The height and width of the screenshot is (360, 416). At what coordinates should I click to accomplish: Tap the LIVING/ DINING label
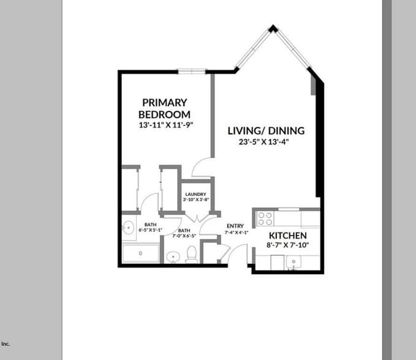coord(266,131)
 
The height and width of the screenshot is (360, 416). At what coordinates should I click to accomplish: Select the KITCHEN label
coord(288,236)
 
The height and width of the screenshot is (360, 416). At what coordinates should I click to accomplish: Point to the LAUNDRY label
coord(196,195)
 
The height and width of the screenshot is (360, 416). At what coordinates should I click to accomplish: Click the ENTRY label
coord(235,226)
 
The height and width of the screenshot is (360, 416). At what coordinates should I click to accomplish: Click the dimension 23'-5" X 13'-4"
coord(263,142)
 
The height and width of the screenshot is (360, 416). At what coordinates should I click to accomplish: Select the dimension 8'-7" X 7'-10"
coord(288,245)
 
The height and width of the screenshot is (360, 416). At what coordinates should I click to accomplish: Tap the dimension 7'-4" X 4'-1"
coord(235,232)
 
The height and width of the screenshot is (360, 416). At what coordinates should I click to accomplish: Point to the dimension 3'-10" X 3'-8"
coord(196,200)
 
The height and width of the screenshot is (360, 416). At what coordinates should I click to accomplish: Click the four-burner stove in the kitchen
coord(265,218)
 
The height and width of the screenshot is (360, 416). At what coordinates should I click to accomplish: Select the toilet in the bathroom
coord(191,253)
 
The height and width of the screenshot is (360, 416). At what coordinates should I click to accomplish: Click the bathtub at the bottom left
coord(140,253)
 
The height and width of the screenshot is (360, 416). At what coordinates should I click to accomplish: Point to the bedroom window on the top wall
coord(192,71)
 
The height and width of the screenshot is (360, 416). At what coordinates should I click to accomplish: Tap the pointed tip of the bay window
coord(273,28)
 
